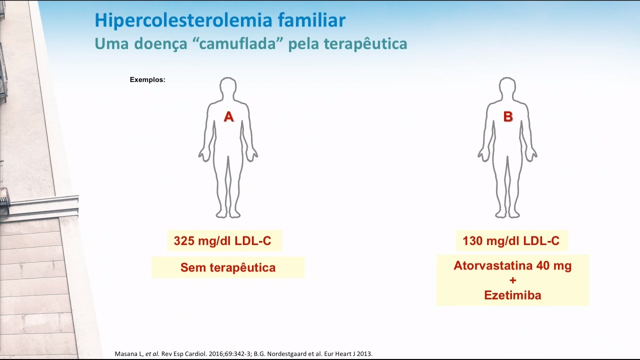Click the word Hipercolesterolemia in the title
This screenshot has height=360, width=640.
click(183, 20)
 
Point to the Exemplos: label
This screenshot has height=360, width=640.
click(147, 79)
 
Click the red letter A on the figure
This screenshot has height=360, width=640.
click(228, 116)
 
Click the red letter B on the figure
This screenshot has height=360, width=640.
click(508, 116)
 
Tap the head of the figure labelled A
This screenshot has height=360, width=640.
click(228, 87)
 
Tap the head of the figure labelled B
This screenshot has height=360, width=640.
click(507, 87)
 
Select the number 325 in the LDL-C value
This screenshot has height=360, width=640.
click(184, 241)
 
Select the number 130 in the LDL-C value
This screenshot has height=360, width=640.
click(473, 241)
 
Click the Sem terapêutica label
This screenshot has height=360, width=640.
click(228, 267)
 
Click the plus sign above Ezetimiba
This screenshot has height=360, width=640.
click(513, 280)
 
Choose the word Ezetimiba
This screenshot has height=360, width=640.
click(512, 295)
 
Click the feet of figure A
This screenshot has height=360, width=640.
click(228, 213)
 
